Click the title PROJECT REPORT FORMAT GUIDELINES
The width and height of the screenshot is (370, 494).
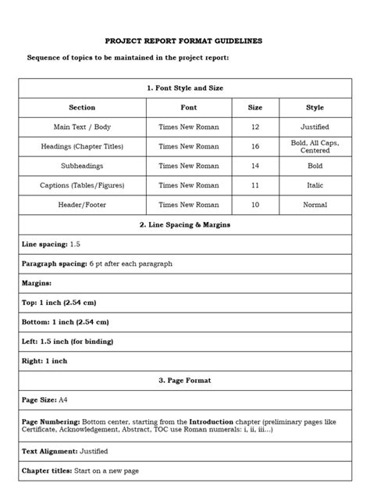tap(185, 39)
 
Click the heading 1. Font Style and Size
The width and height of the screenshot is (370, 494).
tap(185, 88)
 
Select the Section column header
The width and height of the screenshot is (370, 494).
tap(82, 107)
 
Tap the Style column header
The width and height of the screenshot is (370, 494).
tap(315, 107)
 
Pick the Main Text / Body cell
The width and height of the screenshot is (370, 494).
tap(82, 127)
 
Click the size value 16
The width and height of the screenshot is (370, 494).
tap(254, 146)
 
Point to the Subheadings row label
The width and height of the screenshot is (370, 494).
tap(82, 166)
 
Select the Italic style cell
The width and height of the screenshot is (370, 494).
tap(315, 185)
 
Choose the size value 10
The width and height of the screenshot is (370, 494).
tap(254, 205)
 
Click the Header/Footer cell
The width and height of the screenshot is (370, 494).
tap(82, 205)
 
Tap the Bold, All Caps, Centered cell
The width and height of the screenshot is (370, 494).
tap(315, 146)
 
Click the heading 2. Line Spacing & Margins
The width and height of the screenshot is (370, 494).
tap(185, 224)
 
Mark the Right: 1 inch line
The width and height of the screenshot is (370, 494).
tap(44, 361)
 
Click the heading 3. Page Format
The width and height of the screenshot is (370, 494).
tap(185, 381)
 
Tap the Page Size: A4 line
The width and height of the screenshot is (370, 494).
tap(44, 400)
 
